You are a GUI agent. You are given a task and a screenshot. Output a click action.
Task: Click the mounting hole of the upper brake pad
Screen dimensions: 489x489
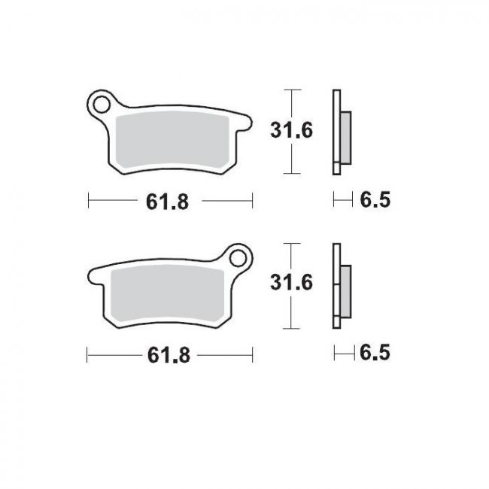pos(101,103)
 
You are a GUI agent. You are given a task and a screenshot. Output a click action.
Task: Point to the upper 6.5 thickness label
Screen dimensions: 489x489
pos(374,200)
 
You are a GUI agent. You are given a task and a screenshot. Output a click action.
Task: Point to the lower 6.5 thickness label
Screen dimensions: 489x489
pos(374,353)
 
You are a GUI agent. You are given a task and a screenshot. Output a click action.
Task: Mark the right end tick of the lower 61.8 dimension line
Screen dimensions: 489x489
pos(252,354)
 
